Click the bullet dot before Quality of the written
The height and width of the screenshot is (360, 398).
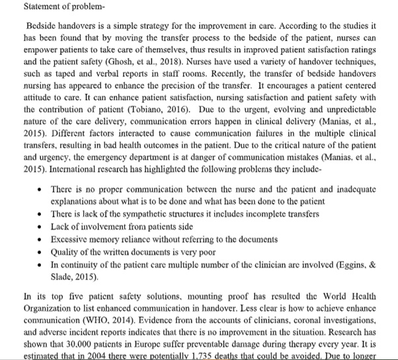42,251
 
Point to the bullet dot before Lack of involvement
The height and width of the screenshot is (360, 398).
42,226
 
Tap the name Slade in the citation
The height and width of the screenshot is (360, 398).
63,275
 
